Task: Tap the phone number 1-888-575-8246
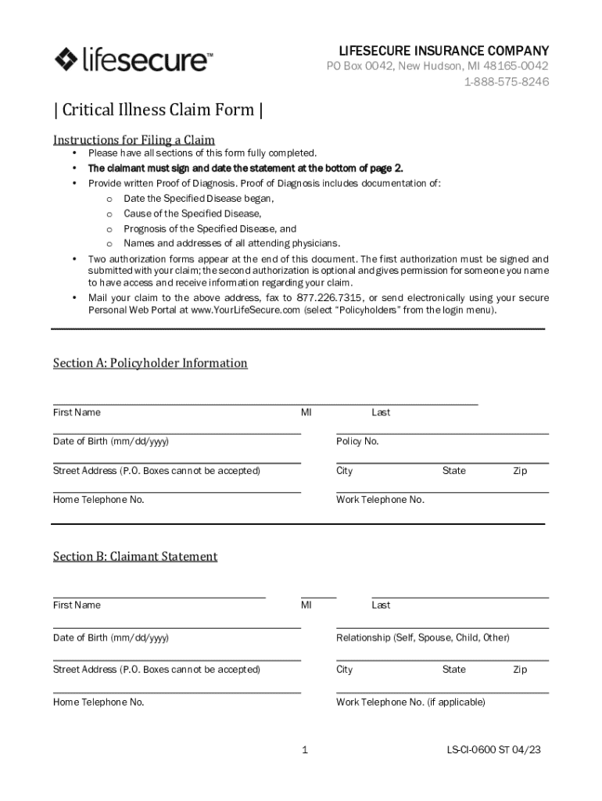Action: (506, 81)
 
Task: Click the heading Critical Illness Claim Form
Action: (157, 110)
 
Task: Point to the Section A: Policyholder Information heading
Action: (150, 363)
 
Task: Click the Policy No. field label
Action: (357, 441)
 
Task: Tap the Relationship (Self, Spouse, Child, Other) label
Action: (422, 638)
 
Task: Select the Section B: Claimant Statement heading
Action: (135, 556)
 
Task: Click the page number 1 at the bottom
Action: (304, 750)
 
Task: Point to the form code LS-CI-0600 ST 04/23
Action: (493, 750)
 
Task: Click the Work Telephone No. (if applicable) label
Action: (410, 702)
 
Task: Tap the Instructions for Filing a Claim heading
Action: (134, 140)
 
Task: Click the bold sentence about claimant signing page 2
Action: (245, 168)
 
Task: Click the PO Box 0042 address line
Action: (437, 66)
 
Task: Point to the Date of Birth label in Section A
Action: (110, 441)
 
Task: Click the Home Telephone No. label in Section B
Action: (99, 702)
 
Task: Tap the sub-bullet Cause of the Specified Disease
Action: (192, 214)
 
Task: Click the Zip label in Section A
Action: (520, 471)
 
